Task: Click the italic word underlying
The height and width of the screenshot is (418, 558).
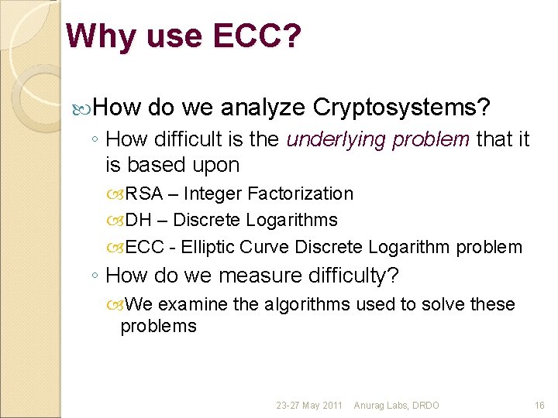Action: click(x=336, y=139)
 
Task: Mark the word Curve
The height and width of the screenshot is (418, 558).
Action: click(x=267, y=247)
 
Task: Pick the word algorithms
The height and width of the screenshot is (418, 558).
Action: click(x=308, y=304)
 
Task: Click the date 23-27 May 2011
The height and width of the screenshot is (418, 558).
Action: click(x=308, y=406)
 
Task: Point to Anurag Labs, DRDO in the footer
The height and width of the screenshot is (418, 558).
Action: click(x=396, y=406)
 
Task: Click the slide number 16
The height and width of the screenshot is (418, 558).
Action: click(x=539, y=406)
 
